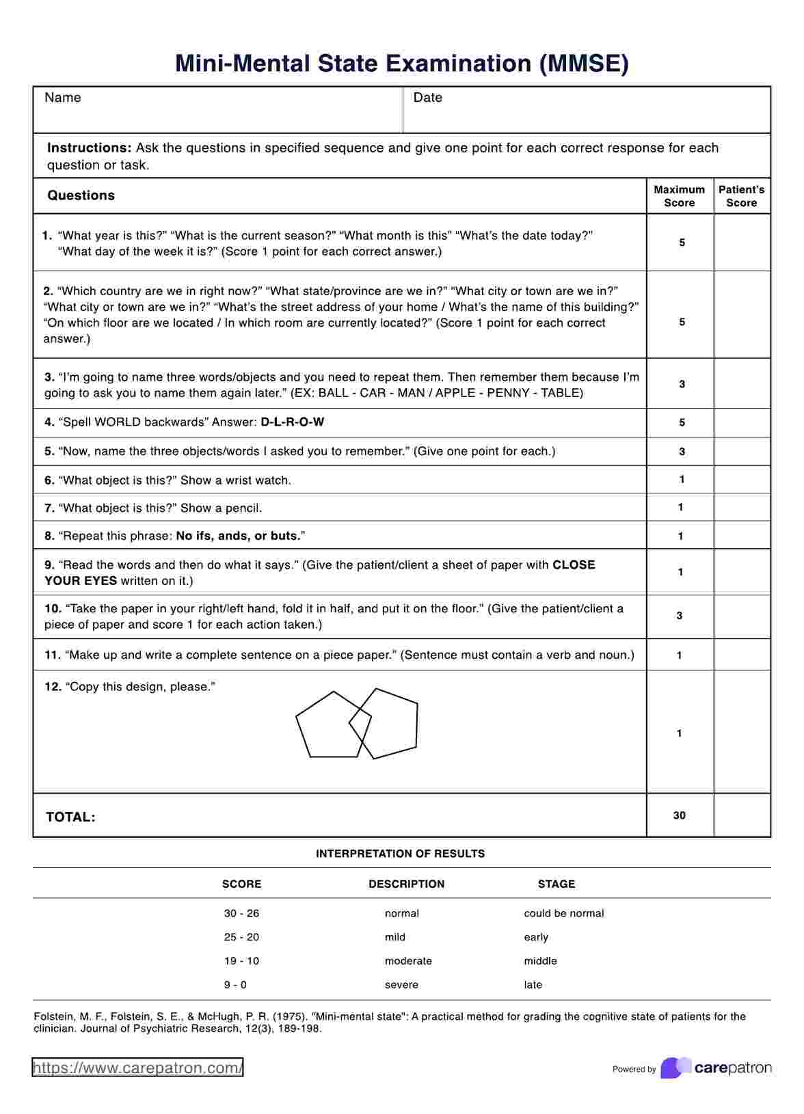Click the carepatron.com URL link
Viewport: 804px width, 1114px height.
137,1068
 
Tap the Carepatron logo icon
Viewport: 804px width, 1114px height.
675,1068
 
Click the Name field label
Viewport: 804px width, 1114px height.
63,98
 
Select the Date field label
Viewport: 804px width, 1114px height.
428,98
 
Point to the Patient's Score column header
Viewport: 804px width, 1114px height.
741,196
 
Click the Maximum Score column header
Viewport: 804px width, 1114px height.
679,196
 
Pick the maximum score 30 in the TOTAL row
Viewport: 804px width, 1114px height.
679,815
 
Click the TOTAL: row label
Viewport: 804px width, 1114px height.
70,817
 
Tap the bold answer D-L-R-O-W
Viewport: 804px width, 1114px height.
293,422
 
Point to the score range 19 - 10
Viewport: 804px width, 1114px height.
241,961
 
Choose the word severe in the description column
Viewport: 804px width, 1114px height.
401,985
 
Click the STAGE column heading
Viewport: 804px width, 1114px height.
557,884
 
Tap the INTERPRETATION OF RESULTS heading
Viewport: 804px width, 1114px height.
401,854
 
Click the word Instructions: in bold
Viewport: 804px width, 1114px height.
89,148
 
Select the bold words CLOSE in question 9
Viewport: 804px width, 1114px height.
574,565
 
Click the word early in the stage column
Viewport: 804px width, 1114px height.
536,937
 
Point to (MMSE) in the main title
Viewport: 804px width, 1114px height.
584,64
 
